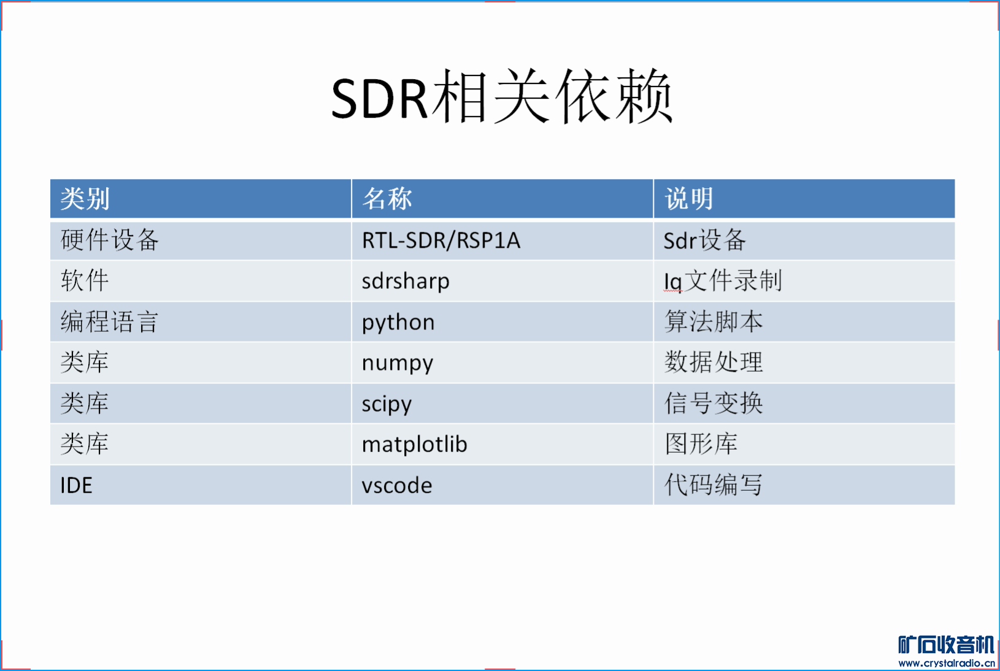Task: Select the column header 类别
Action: (x=85, y=199)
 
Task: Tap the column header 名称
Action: (x=387, y=199)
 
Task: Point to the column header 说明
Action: (x=689, y=199)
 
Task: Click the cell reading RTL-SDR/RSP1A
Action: (x=441, y=240)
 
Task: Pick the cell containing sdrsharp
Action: (x=406, y=282)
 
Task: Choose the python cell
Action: (x=398, y=323)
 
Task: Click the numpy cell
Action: (x=398, y=363)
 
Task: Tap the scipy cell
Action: (x=387, y=404)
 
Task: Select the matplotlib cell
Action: (x=414, y=444)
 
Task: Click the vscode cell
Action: (x=397, y=485)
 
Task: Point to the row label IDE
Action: (x=76, y=485)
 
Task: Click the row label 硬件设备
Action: (x=109, y=240)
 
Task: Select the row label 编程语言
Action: (x=109, y=322)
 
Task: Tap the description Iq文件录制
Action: (x=723, y=281)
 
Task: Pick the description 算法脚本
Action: (x=713, y=322)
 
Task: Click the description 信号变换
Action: (x=713, y=404)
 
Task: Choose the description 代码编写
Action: (x=713, y=485)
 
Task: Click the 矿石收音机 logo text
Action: (x=946, y=645)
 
